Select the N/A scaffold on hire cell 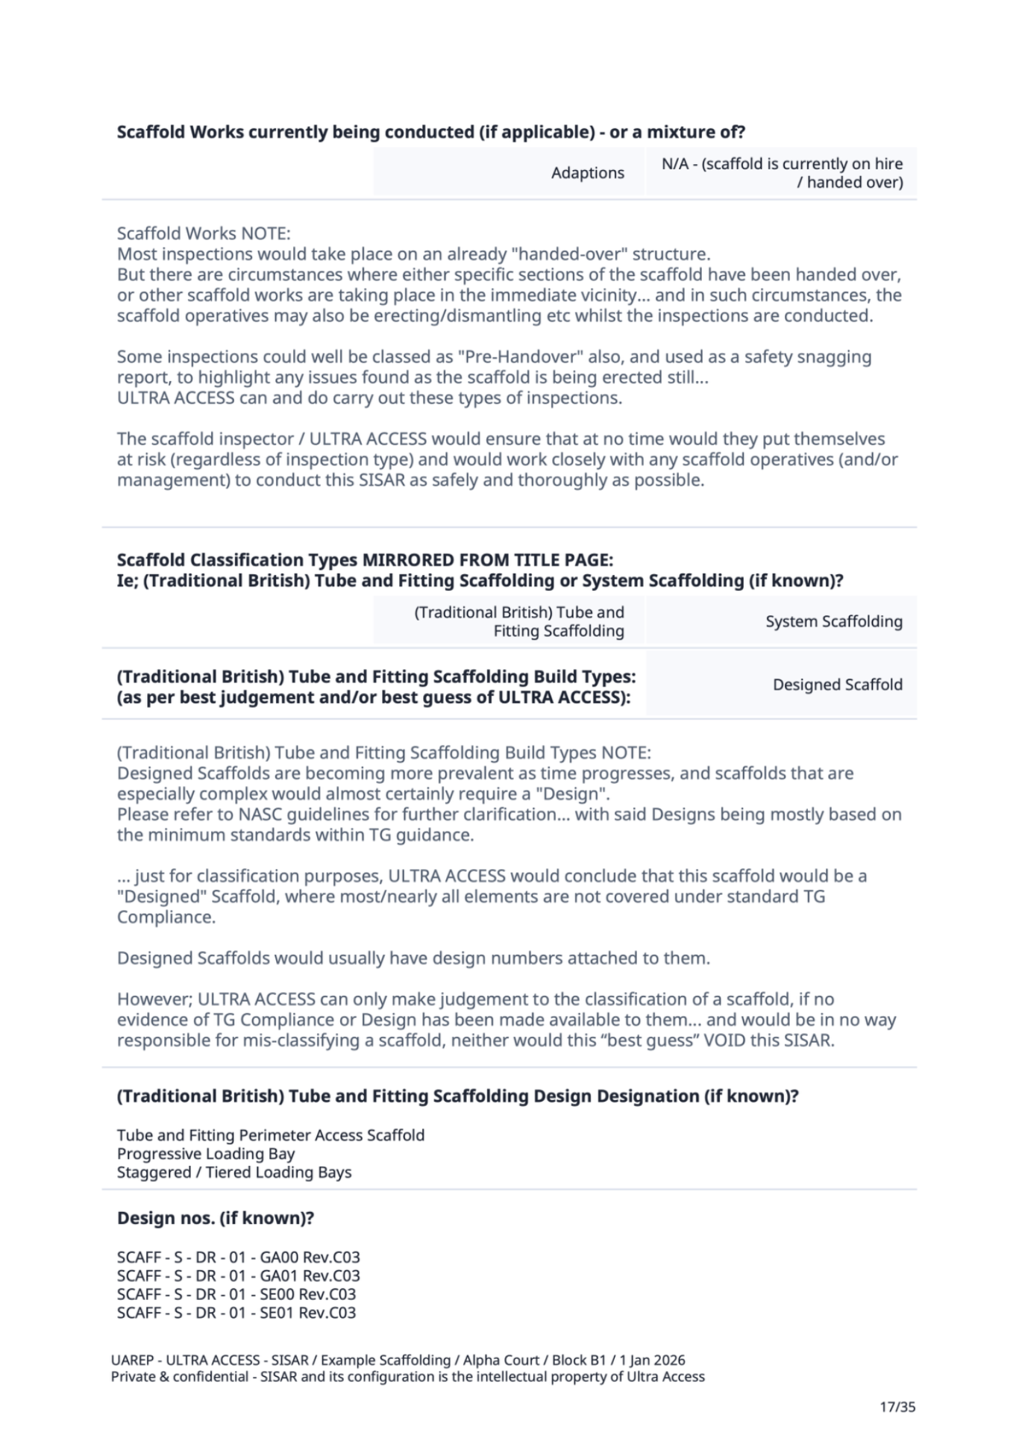pyautogui.click(x=781, y=172)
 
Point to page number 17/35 pyautogui.click(x=897, y=1407)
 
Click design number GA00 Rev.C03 pyautogui.click(x=238, y=1257)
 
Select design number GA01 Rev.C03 pyautogui.click(x=238, y=1275)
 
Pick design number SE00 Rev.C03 pyautogui.click(x=236, y=1294)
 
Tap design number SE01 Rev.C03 pyautogui.click(x=236, y=1313)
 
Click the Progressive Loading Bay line pyautogui.click(x=206, y=1153)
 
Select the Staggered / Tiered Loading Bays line pyautogui.click(x=233, y=1172)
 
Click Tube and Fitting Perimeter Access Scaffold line pyautogui.click(x=270, y=1134)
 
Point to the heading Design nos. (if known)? pyautogui.click(x=215, y=1218)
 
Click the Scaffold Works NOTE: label pyautogui.click(x=204, y=233)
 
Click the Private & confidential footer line pyautogui.click(x=407, y=1376)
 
